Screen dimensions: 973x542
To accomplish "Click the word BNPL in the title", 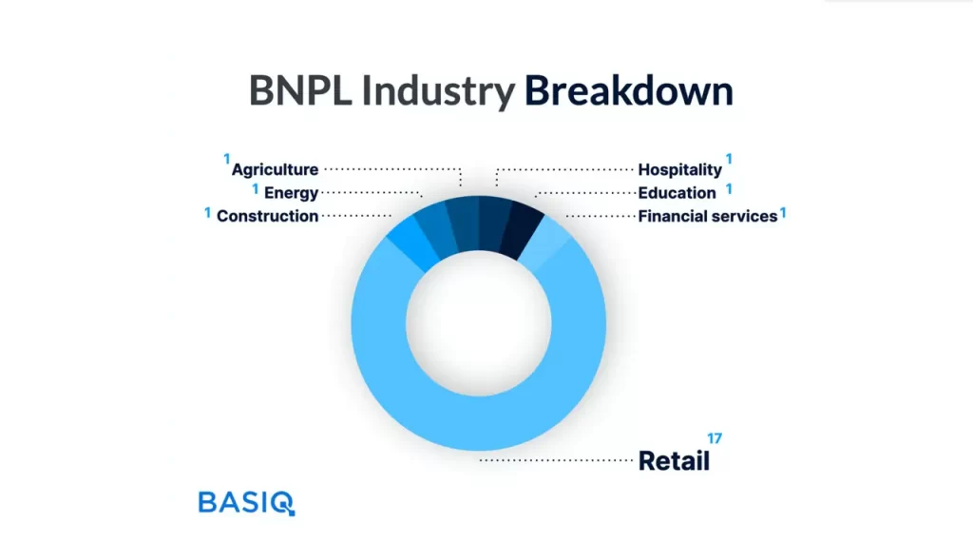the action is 300,90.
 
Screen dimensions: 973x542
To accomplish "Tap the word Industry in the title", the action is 438,91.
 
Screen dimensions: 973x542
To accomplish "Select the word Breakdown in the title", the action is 629,90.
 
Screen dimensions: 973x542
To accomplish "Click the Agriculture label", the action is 275,169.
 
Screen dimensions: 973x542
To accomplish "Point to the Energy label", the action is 291,193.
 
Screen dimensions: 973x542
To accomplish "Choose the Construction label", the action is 267,216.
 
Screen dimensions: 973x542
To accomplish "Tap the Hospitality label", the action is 679,169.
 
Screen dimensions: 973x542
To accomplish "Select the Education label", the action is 677,193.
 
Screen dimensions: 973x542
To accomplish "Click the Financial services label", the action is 707,216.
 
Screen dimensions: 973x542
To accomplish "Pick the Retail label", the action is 674,460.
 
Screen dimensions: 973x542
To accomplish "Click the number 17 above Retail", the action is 715,438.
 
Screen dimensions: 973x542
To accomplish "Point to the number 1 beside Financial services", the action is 783,213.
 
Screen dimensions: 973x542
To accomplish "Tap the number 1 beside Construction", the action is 207,213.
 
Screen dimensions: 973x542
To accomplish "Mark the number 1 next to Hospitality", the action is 729,159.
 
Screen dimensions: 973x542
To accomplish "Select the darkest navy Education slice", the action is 524,230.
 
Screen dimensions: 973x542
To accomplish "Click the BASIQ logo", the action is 246,503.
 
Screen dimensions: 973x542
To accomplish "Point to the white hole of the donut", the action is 479,323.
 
